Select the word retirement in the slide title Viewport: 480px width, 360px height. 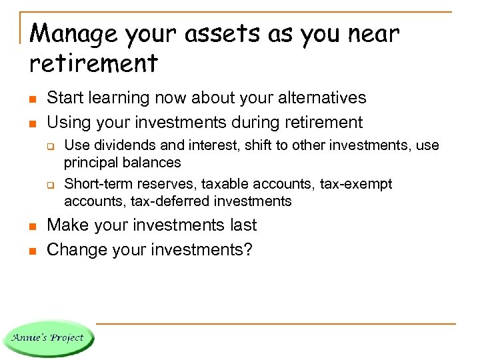tap(93, 63)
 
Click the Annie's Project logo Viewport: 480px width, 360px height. tap(48, 337)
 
